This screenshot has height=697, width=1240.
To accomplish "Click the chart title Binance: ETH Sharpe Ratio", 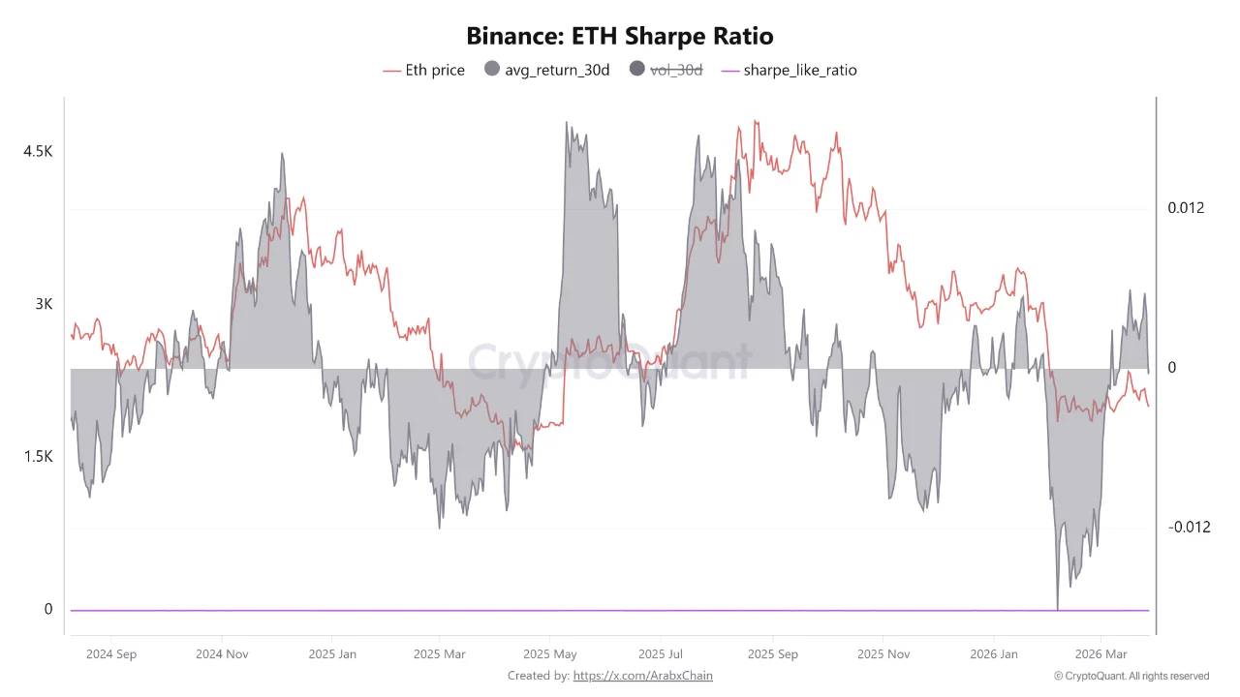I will (620, 37).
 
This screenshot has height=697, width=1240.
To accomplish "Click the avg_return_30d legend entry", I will (546, 70).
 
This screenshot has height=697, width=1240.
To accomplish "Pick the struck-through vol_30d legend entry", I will (666, 70).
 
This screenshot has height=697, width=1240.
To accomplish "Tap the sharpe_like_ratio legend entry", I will (789, 70).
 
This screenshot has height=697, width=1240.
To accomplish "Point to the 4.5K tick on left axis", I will (38, 151).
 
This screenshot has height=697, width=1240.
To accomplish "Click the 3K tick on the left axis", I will (44, 304).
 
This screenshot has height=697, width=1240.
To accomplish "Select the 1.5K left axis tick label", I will (38, 456).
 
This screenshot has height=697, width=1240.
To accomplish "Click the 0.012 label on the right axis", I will (1186, 208).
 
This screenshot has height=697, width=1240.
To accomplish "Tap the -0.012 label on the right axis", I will (1188, 527).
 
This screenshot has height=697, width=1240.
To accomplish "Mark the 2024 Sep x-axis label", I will (111, 654).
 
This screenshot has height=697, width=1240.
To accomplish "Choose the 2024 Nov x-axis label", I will (222, 654).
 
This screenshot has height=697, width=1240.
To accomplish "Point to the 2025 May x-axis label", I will (549, 654).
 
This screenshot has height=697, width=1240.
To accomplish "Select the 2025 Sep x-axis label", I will (773, 654).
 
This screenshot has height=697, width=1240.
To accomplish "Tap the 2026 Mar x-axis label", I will (1101, 654).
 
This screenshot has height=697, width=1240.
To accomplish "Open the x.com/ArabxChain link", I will (642, 676).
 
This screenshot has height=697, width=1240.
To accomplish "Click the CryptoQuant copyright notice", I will (1131, 676).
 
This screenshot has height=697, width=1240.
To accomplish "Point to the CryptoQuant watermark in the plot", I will (610, 362).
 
